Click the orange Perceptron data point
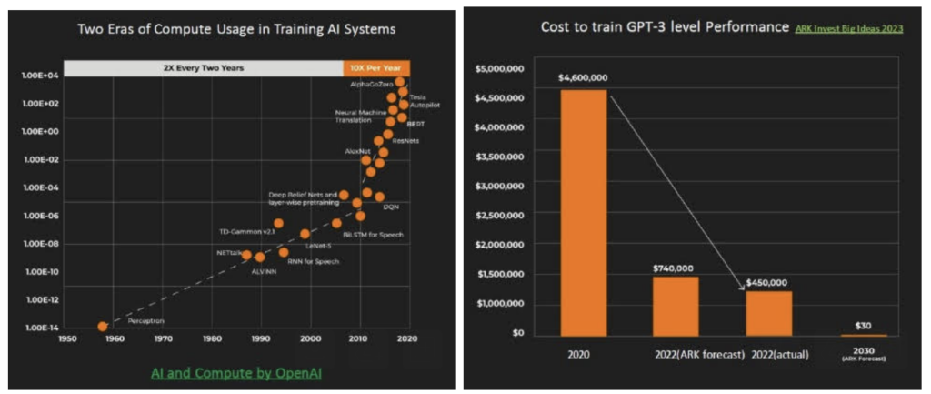point(103,326)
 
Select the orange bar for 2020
point(583,212)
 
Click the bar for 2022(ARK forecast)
point(675,306)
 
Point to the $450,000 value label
point(766,282)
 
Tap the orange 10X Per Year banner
point(376,66)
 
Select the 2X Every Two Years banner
point(202,66)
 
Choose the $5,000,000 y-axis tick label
point(500,67)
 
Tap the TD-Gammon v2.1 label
point(247,232)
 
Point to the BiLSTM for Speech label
point(374,234)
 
